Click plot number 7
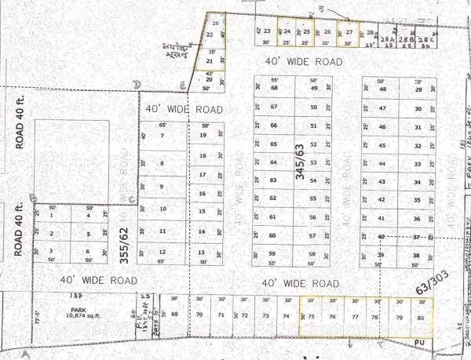pyautogui.click(x=162, y=136)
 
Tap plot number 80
pyautogui.click(x=422, y=317)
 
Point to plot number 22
pyautogui.click(x=210, y=35)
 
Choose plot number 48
pyautogui.click(x=382, y=89)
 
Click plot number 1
pyautogui.click(x=51, y=216)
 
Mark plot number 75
pyautogui.click(x=311, y=317)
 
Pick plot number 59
pyautogui.click(x=273, y=254)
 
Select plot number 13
pyautogui.click(x=202, y=252)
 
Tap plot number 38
pyautogui.click(x=418, y=256)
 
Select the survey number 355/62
pyautogui.click(x=123, y=244)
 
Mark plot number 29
pyautogui.click(x=418, y=89)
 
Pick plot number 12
pyautogui.click(x=162, y=252)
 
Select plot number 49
pyautogui.click(x=313, y=89)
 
